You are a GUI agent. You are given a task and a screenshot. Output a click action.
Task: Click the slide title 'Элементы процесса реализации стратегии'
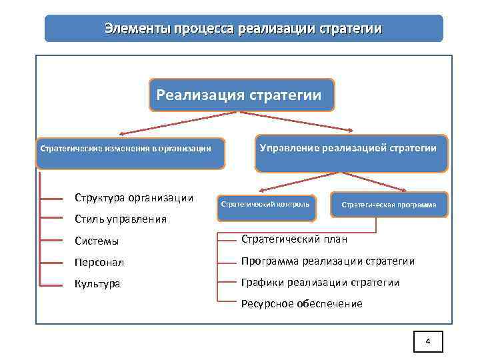coord(243,29)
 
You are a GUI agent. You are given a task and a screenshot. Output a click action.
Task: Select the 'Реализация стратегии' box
coord(239,95)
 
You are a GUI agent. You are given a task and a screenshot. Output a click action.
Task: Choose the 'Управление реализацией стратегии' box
coord(347,149)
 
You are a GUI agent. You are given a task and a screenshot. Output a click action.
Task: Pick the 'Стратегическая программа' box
coord(389,205)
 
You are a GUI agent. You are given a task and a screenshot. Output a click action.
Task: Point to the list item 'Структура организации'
coord(134,197)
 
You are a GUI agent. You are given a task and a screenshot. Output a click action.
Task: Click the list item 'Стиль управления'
coord(120,219)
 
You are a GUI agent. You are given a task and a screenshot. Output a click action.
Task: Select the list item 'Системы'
coord(97,241)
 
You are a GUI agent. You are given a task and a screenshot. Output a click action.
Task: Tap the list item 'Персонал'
coord(99,263)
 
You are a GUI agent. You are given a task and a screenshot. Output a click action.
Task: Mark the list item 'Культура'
coord(97,284)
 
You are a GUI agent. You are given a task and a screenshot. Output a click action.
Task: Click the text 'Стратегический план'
coord(294,239)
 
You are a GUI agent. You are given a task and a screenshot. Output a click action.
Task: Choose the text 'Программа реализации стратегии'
coord(327,261)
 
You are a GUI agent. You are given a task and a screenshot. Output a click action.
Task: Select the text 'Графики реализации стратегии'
coord(320,283)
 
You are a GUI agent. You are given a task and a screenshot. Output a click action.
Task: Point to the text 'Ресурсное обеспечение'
coord(301,304)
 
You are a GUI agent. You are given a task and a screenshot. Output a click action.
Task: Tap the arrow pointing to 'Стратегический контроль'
coord(297,180)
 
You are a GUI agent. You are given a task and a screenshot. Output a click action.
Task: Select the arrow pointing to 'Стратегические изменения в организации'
coord(177,123)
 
